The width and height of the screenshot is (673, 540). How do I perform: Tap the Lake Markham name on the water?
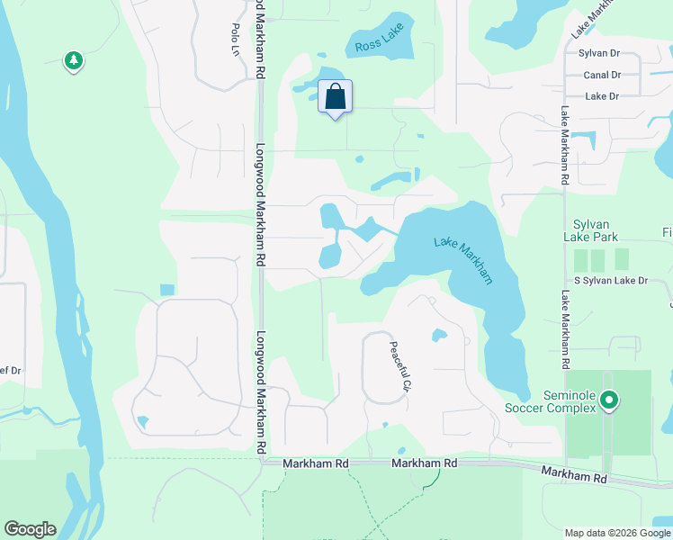[x=463, y=260]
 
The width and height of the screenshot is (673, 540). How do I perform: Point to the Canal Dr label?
[x=602, y=76]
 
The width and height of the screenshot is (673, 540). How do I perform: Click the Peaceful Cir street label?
[x=399, y=365]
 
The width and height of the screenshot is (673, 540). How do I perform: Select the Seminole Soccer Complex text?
[x=570, y=401]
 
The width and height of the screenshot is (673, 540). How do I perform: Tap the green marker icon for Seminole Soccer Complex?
[x=609, y=399]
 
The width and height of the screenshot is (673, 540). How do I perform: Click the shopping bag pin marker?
[x=335, y=97]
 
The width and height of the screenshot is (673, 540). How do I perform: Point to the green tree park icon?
[x=73, y=60]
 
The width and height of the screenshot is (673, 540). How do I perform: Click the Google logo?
[x=30, y=529]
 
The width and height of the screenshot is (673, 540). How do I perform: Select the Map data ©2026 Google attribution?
[x=616, y=533]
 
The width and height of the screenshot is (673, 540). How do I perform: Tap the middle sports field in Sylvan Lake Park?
[x=598, y=260]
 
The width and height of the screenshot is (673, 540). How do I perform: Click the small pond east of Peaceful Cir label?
[x=438, y=336]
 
